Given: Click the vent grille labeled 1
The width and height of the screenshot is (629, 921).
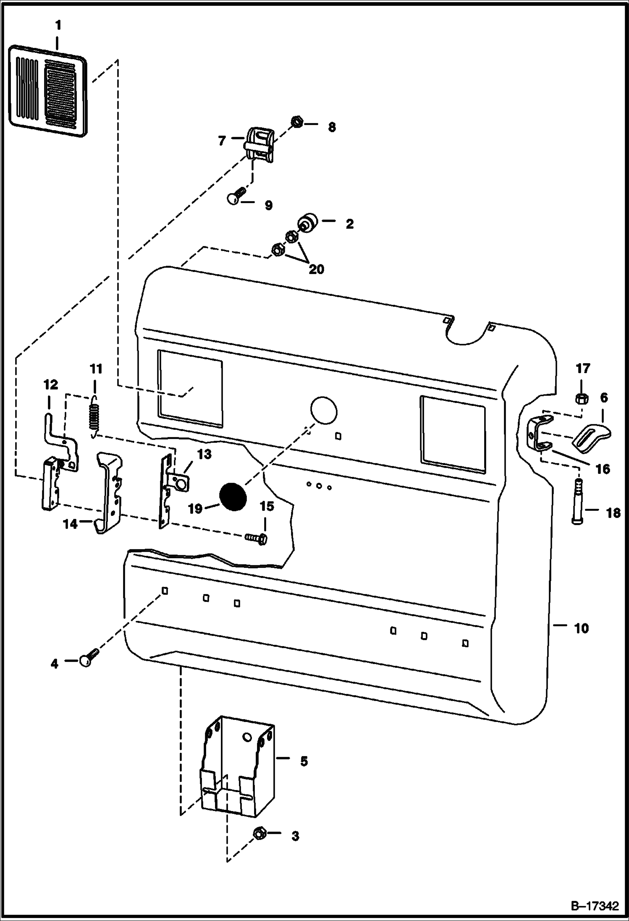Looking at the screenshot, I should [48, 91].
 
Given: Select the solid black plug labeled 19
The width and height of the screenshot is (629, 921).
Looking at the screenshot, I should [234, 497].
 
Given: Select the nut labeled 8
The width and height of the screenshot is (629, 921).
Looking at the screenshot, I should [297, 123].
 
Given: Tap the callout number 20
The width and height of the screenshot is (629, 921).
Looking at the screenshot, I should [316, 269].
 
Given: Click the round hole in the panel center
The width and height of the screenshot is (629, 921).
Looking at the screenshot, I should [323, 411].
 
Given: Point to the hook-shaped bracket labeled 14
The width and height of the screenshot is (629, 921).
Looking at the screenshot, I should [108, 491].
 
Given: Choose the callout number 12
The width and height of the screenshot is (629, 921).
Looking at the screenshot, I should [50, 385].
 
